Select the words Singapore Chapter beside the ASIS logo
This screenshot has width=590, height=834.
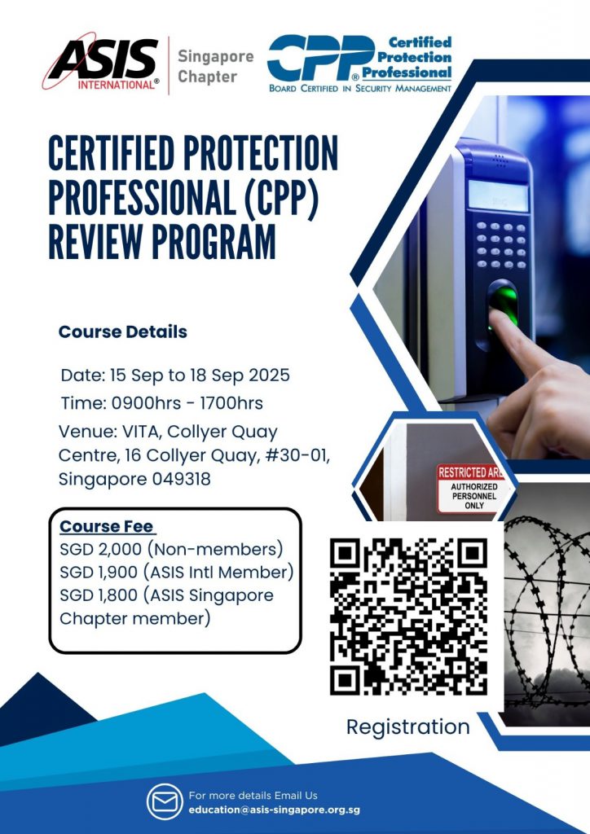[215, 67]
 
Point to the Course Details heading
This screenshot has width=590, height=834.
[122, 332]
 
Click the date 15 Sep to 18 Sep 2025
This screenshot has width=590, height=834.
[175, 376]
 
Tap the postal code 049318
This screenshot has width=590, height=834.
[181, 480]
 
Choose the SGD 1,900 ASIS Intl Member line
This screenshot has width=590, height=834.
[176, 571]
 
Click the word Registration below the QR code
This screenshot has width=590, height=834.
[408, 726]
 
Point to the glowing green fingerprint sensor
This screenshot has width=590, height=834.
[502, 305]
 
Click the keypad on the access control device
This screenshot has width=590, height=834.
[500, 244]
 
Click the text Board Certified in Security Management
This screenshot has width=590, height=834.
[359, 87]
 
